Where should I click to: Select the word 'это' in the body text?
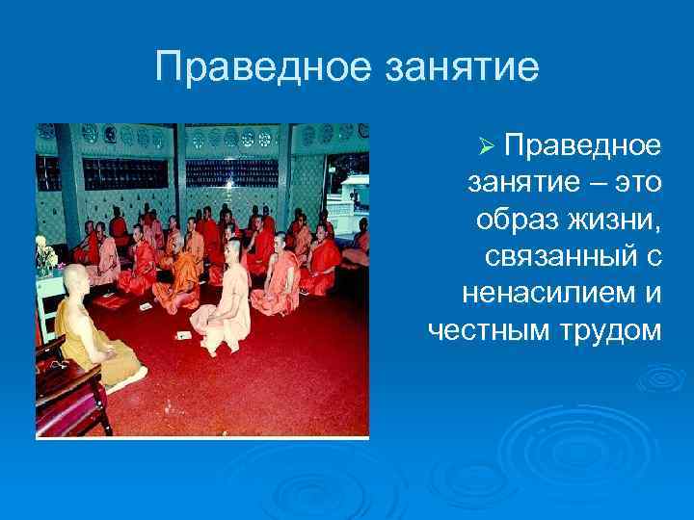(631, 182)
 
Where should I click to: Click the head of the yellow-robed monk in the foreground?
(73, 279)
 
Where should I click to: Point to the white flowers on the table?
(44, 253)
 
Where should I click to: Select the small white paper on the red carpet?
(183, 334)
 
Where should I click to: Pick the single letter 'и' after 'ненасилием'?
(651, 293)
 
